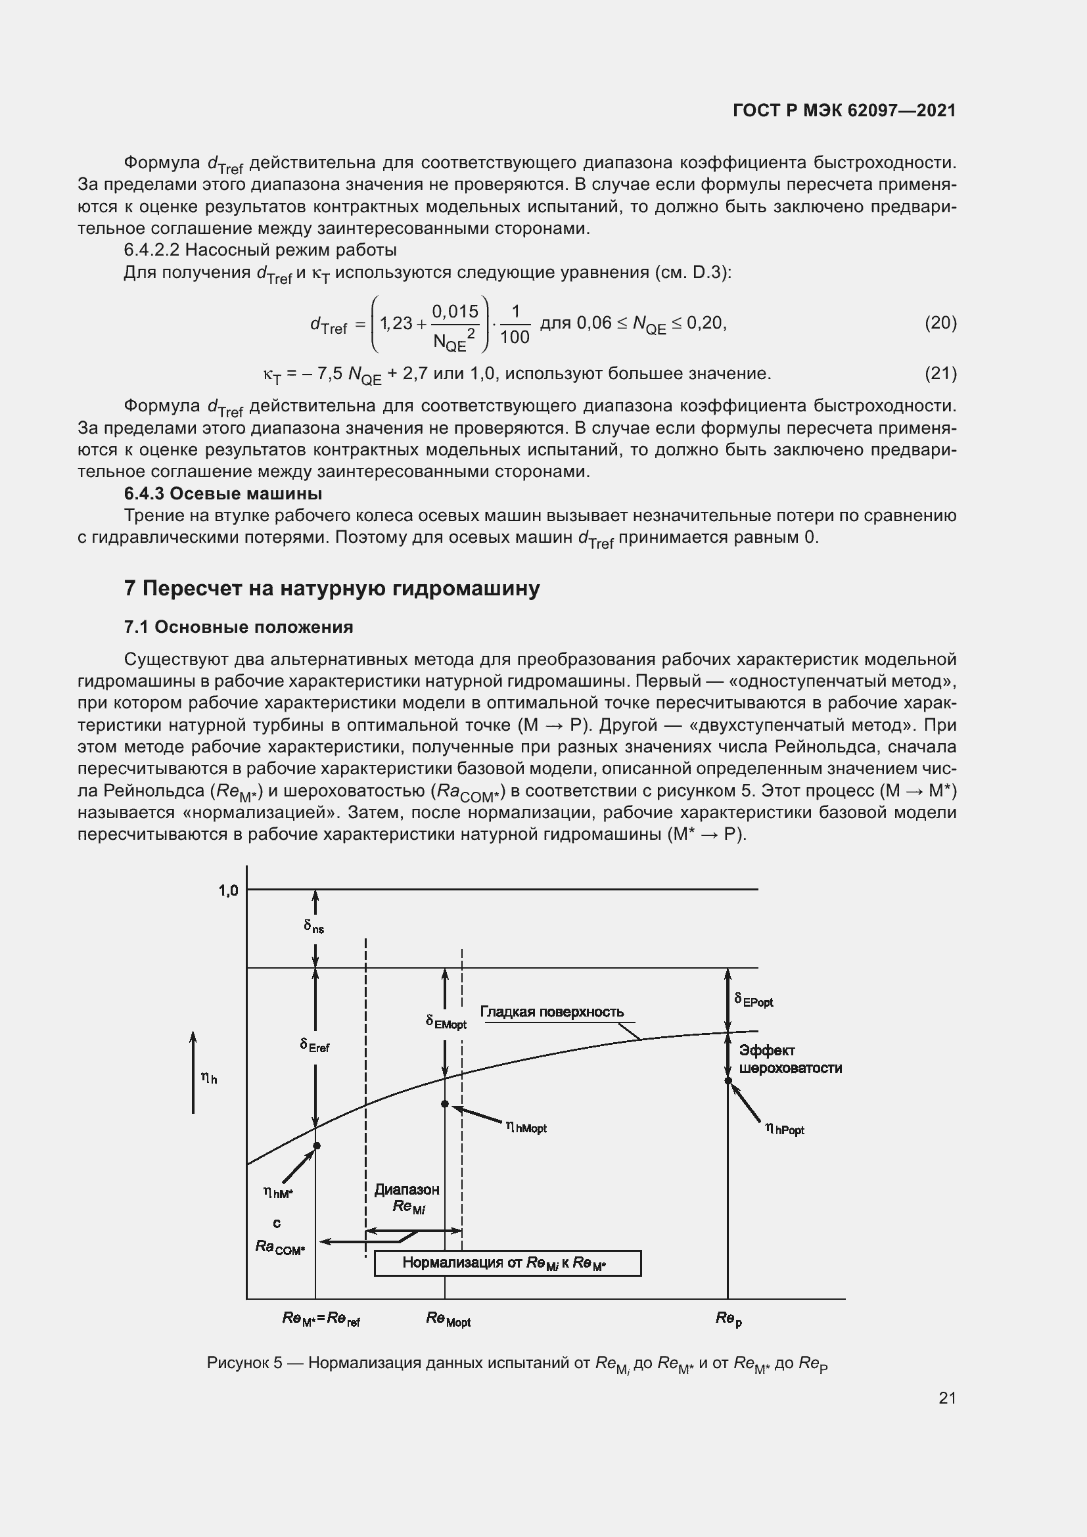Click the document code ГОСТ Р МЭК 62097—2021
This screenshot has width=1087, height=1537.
tap(844, 110)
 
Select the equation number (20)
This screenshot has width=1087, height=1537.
tap(940, 323)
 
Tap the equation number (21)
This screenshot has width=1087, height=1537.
tap(940, 373)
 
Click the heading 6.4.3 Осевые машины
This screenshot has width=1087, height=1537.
tap(223, 493)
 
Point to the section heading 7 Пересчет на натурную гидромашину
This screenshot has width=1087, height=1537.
tap(332, 588)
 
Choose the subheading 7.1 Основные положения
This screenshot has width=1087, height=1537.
tap(239, 627)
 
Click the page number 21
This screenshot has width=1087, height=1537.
tap(947, 1398)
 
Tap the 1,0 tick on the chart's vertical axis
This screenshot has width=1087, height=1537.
tap(228, 890)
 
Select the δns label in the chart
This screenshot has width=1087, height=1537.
tap(314, 927)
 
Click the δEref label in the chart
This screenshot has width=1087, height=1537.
tap(315, 1045)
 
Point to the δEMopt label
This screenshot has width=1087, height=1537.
tap(446, 1022)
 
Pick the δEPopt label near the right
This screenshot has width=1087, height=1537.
tap(754, 1000)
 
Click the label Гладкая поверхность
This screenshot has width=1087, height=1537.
tap(551, 1012)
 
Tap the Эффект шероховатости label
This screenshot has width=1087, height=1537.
tap(790, 1059)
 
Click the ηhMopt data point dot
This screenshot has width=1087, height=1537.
tap(445, 1103)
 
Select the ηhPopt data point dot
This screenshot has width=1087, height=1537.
tap(728, 1080)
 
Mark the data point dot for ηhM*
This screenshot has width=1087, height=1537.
tap(317, 1145)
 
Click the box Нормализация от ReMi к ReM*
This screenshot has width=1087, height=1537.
tap(507, 1262)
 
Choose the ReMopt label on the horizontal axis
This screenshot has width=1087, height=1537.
tap(448, 1319)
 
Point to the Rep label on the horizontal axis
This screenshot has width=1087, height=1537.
tap(728, 1319)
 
